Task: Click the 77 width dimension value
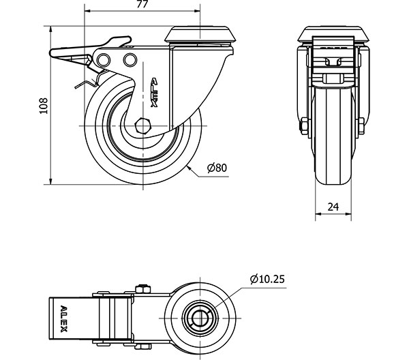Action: click(142, 5)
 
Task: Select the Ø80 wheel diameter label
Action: click(215, 168)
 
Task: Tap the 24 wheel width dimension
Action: click(333, 205)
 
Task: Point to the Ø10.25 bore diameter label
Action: click(267, 279)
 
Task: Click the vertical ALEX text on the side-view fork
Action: click(153, 92)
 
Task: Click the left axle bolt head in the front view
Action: click(302, 126)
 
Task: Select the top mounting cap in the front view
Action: click(334, 33)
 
